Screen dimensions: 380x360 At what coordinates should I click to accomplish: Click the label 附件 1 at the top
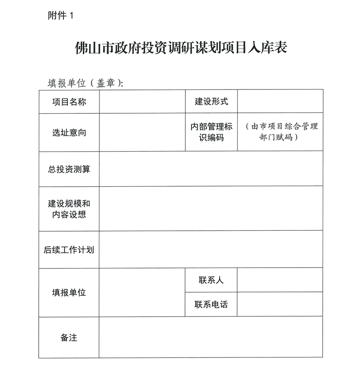pos(59,16)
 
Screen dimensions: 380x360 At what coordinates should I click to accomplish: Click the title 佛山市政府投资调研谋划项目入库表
pos(180,48)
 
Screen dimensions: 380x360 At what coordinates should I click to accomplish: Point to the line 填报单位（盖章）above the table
pos(85,83)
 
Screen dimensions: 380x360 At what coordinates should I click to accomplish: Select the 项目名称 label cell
pos(69,102)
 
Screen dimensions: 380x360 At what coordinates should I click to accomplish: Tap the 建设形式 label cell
pos(211,102)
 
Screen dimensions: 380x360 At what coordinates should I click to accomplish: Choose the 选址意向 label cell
pos(69,132)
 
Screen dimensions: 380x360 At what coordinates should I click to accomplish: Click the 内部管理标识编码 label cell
pos(211,132)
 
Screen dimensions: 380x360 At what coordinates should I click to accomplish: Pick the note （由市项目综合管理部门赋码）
pos(279,132)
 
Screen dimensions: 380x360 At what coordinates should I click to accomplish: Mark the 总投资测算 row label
pos(69,169)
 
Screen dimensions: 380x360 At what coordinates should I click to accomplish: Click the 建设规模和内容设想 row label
pos(69,209)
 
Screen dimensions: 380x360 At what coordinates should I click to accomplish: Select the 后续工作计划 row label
pos(69,250)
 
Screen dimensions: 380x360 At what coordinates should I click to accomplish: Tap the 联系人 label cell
pos(211,280)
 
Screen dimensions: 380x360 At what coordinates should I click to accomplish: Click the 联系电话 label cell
pos(211,304)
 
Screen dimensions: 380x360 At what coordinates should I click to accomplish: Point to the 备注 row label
pos(69,337)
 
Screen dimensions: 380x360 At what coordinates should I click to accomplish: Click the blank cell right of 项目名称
pos(142,102)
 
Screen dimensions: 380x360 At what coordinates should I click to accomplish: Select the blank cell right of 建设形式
pos(280,102)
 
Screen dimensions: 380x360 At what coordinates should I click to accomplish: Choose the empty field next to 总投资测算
pos(211,169)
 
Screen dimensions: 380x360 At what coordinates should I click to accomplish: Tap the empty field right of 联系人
pos(280,280)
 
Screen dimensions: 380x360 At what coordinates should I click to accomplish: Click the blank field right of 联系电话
pos(280,304)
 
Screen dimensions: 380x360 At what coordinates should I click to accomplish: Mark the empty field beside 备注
pos(211,337)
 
